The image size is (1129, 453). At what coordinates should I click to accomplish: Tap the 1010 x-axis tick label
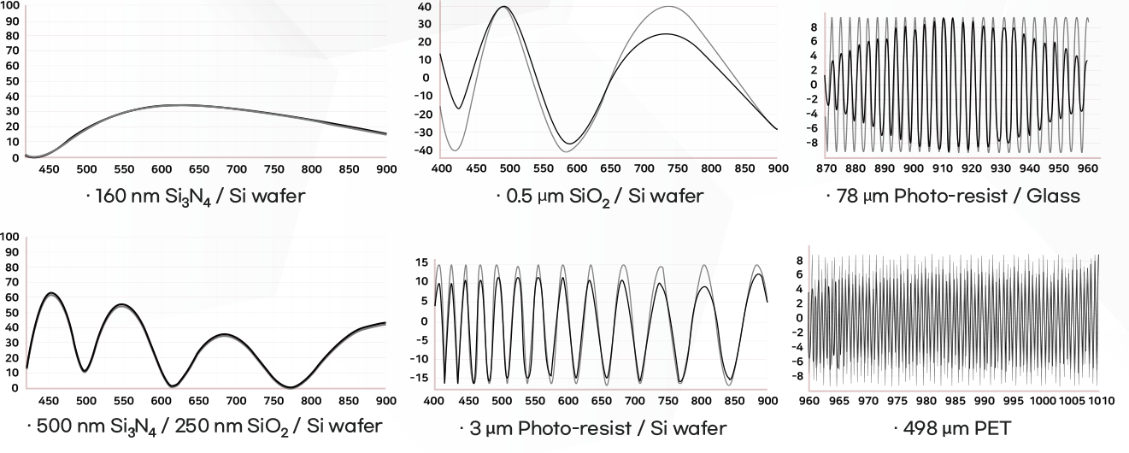click(x=1103, y=399)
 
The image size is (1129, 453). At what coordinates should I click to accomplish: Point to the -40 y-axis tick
click(x=424, y=150)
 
